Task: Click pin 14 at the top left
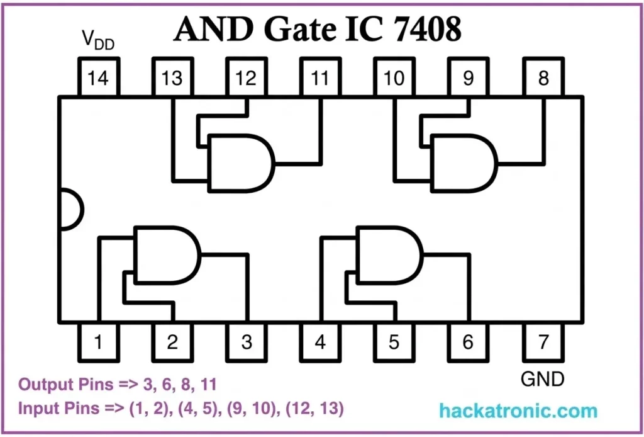click(98, 78)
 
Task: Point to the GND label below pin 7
click(543, 379)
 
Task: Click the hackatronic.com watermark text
click(518, 412)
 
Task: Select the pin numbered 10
click(394, 78)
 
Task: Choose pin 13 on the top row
click(172, 78)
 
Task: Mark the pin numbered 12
click(246, 78)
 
